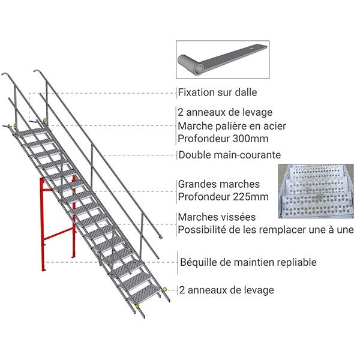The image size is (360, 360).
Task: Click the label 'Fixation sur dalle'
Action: click(217, 93)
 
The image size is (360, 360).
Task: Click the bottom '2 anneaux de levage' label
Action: click(226, 290)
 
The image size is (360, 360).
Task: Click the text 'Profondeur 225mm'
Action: click(223, 196)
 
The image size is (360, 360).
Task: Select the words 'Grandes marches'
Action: click(219, 184)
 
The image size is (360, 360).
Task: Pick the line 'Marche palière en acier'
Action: click(232, 125)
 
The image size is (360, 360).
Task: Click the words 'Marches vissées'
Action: click(217, 217)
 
